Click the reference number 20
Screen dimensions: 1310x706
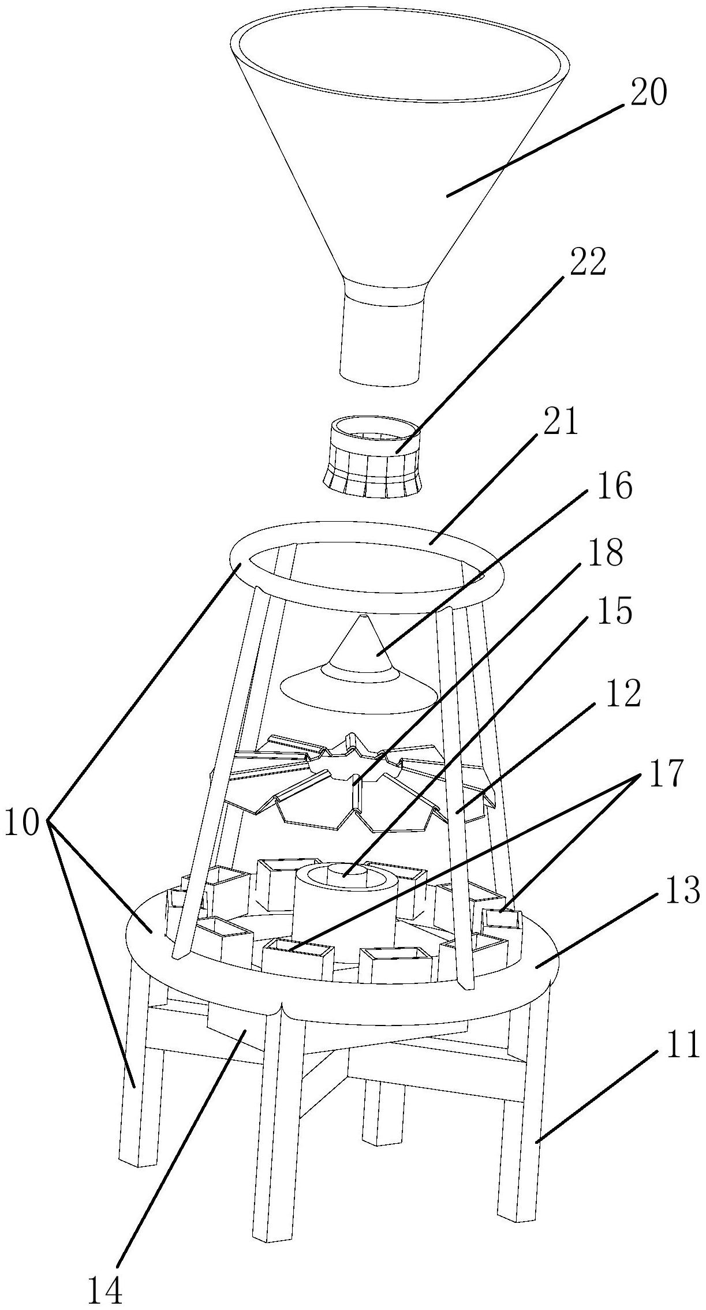click(648, 92)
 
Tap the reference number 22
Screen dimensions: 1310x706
click(588, 263)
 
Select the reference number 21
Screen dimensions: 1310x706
click(560, 424)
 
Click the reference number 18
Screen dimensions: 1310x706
click(606, 552)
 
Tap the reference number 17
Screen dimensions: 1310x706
click(666, 773)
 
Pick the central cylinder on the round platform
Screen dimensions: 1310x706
click(344, 906)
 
